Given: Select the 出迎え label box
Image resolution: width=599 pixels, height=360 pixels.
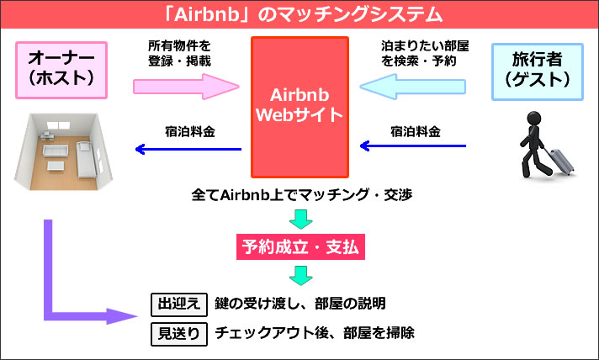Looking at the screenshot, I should pyautogui.click(x=178, y=304).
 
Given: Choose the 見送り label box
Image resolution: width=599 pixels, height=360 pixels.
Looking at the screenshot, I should pyautogui.click(x=178, y=332).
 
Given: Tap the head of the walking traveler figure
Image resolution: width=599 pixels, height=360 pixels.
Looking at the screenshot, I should pyautogui.click(x=533, y=120).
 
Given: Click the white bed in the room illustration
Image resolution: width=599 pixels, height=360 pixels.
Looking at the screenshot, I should pyautogui.click(x=87, y=154).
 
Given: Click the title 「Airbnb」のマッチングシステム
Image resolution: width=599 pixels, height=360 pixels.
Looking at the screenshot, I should pyautogui.click(x=299, y=14).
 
